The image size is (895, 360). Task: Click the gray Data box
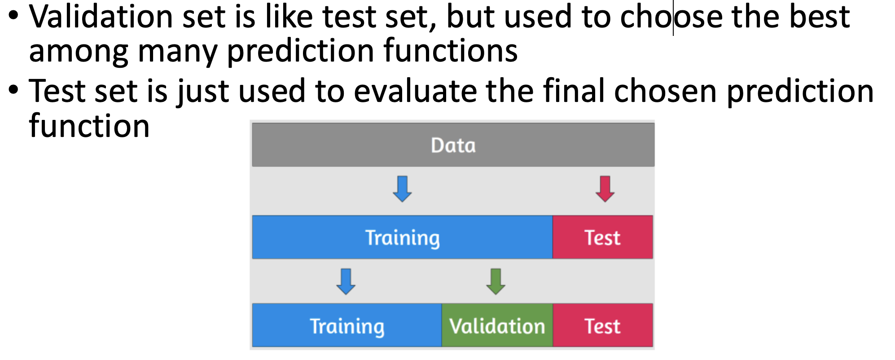(453, 145)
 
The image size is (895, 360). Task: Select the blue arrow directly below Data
(402, 189)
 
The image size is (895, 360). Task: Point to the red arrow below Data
(605, 189)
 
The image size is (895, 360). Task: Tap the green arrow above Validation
(496, 281)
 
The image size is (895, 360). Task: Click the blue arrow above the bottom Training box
(346, 281)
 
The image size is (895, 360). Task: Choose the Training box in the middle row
(402, 237)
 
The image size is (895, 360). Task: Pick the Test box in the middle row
(603, 237)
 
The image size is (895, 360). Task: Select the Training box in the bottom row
(347, 325)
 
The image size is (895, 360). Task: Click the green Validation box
(497, 325)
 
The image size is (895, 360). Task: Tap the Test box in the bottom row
(603, 325)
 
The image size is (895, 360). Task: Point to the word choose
(671, 17)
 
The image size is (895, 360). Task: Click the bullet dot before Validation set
(14, 16)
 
